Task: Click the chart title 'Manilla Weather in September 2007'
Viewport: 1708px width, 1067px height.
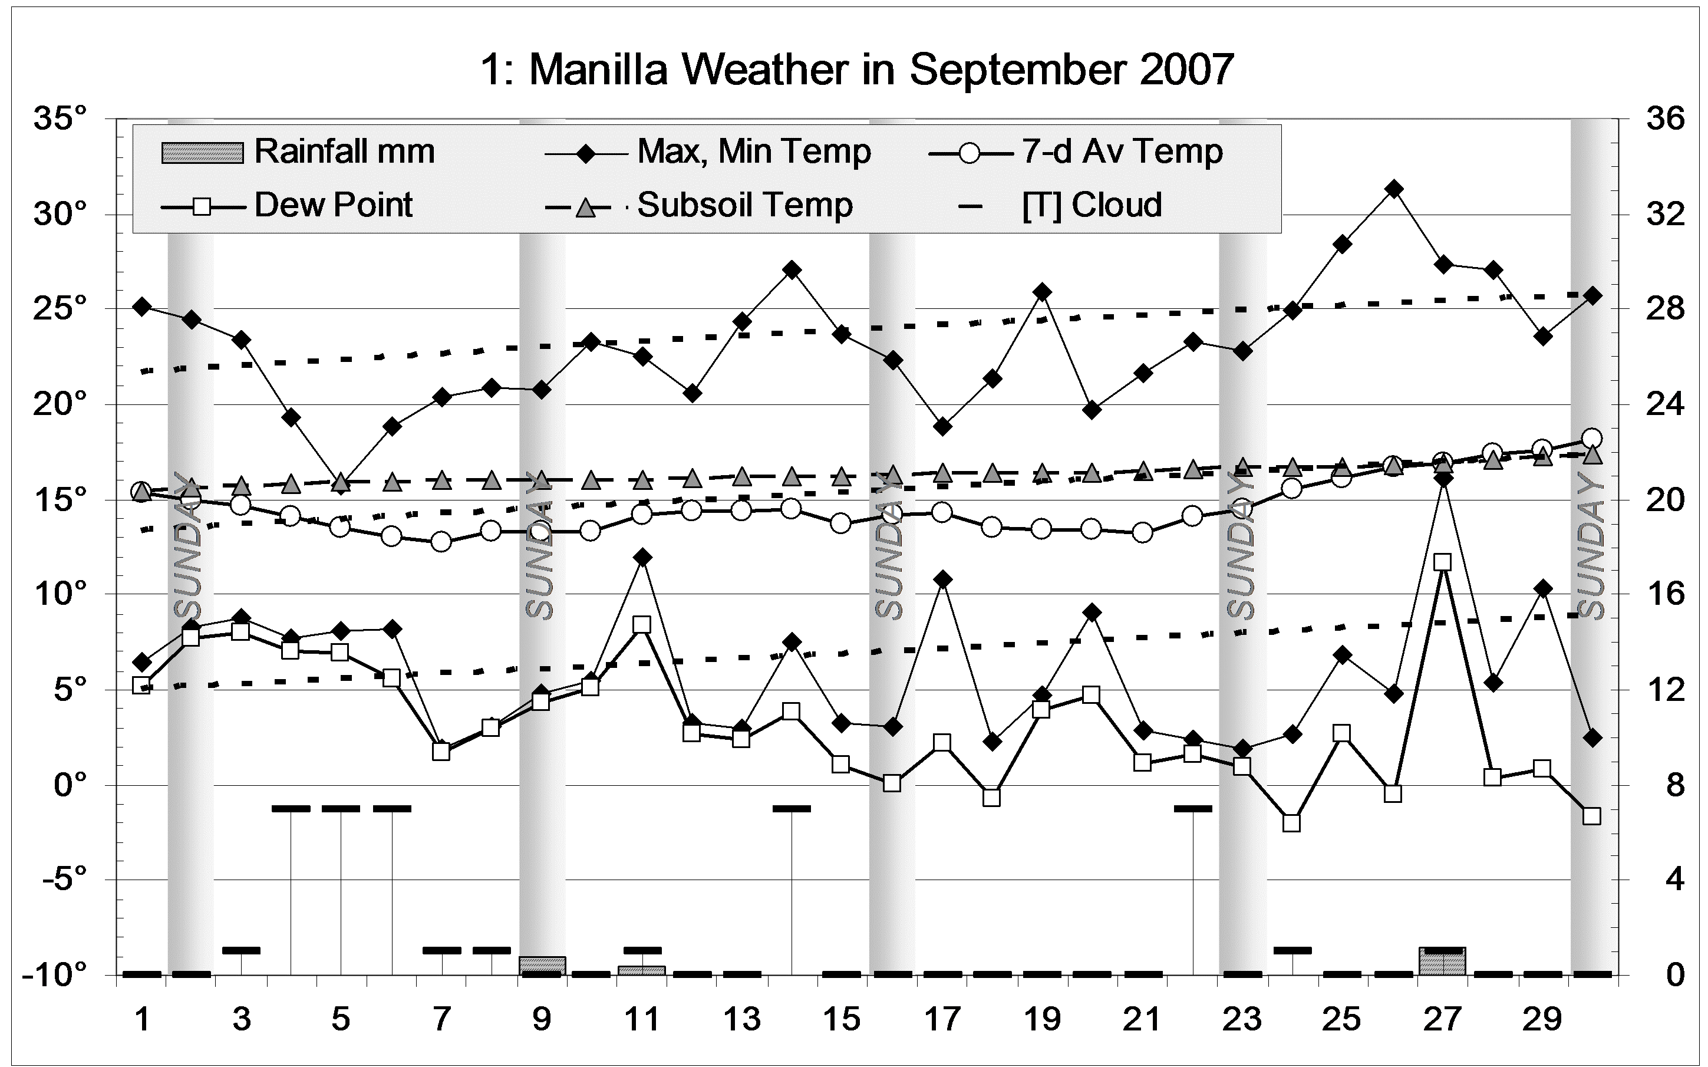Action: (x=856, y=70)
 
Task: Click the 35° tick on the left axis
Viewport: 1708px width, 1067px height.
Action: (x=60, y=118)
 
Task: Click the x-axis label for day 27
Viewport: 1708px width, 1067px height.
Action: (x=1442, y=1020)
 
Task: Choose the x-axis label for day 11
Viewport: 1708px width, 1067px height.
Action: (x=642, y=1020)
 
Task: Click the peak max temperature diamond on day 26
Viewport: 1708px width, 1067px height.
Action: (x=1393, y=189)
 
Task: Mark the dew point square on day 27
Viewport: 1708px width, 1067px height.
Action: (x=1443, y=562)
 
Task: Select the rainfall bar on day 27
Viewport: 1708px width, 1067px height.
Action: (x=1443, y=961)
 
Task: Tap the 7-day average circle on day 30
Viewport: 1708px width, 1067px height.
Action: (x=1591, y=438)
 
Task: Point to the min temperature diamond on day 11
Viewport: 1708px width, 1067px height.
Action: (x=642, y=558)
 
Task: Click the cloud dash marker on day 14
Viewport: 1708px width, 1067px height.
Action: (x=792, y=808)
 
